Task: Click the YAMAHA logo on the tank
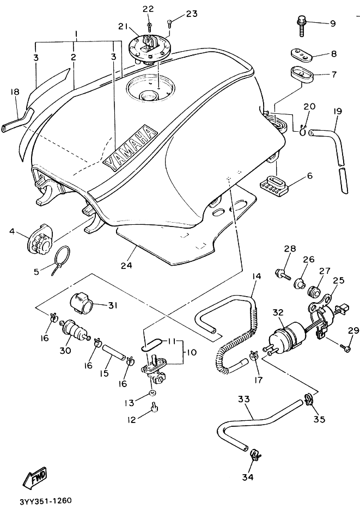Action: (x=130, y=147)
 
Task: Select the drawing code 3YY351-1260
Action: (x=46, y=500)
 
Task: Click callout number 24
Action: (x=126, y=265)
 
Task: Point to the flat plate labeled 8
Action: (x=301, y=54)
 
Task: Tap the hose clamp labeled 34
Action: (x=255, y=455)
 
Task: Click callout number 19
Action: (x=337, y=112)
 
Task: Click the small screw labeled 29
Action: (x=345, y=348)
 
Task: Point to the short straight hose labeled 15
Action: (x=114, y=352)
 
